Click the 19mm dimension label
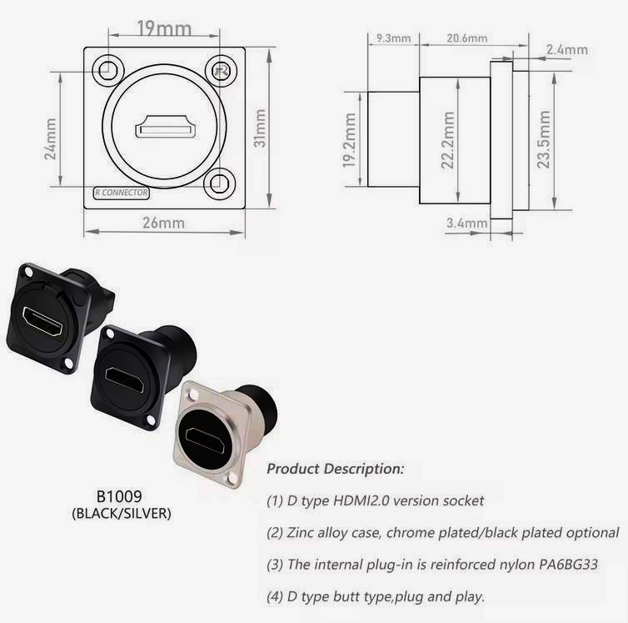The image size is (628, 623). point(162,29)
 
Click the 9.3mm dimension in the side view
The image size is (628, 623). point(393,38)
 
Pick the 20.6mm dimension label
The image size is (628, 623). point(466,38)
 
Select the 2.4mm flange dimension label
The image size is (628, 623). point(566,50)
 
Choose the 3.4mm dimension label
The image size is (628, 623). point(466,223)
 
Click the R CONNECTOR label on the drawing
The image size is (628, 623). point(122,193)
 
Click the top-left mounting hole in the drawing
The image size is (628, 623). point(106,71)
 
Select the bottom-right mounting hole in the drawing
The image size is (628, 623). point(220,181)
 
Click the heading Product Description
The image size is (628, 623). point(335,469)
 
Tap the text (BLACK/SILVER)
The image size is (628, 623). point(122,515)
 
